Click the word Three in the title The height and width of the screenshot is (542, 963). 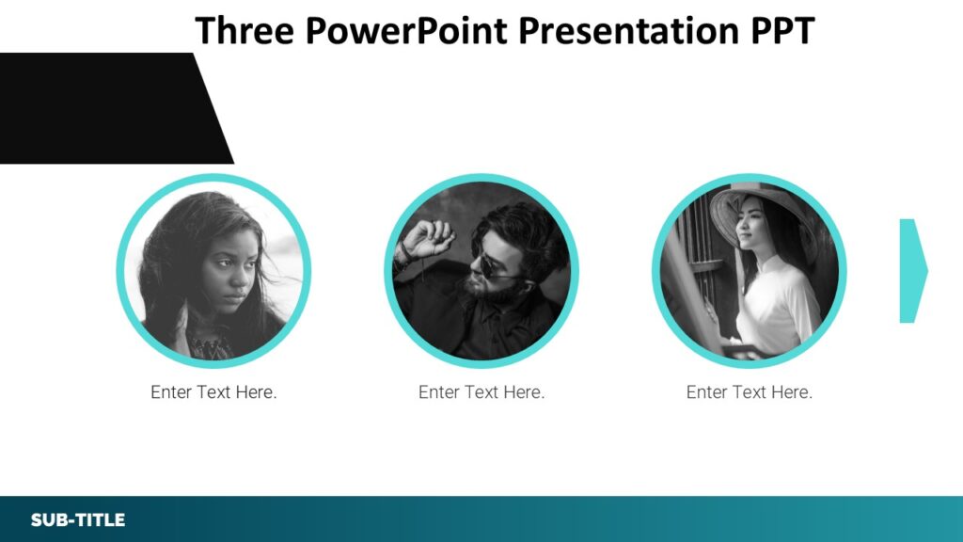coord(245,30)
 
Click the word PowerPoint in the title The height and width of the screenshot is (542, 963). coord(407,30)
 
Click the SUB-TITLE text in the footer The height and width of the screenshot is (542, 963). coord(77,520)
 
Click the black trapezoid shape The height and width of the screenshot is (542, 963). coord(103,108)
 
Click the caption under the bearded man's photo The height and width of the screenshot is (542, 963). coord(481,392)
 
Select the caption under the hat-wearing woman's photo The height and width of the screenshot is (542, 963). coord(750,392)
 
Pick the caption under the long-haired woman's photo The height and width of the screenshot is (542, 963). coord(213,392)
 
